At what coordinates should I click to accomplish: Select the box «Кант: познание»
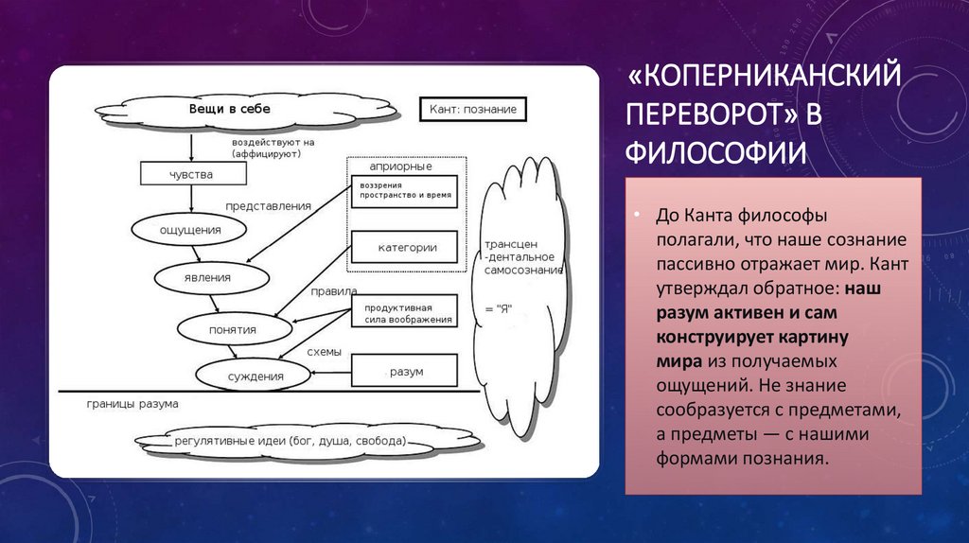[472, 109]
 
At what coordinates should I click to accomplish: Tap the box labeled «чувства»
[191, 174]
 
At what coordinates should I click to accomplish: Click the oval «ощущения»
[190, 229]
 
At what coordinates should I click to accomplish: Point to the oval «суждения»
[255, 376]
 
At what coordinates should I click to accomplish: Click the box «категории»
[407, 248]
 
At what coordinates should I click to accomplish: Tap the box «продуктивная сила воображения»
[405, 313]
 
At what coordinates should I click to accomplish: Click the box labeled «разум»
[405, 372]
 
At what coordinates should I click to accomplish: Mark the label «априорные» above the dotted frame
[404, 166]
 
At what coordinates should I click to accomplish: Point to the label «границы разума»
[132, 404]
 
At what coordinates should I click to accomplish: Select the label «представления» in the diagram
[268, 205]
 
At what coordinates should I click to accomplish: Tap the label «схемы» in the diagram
[323, 351]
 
